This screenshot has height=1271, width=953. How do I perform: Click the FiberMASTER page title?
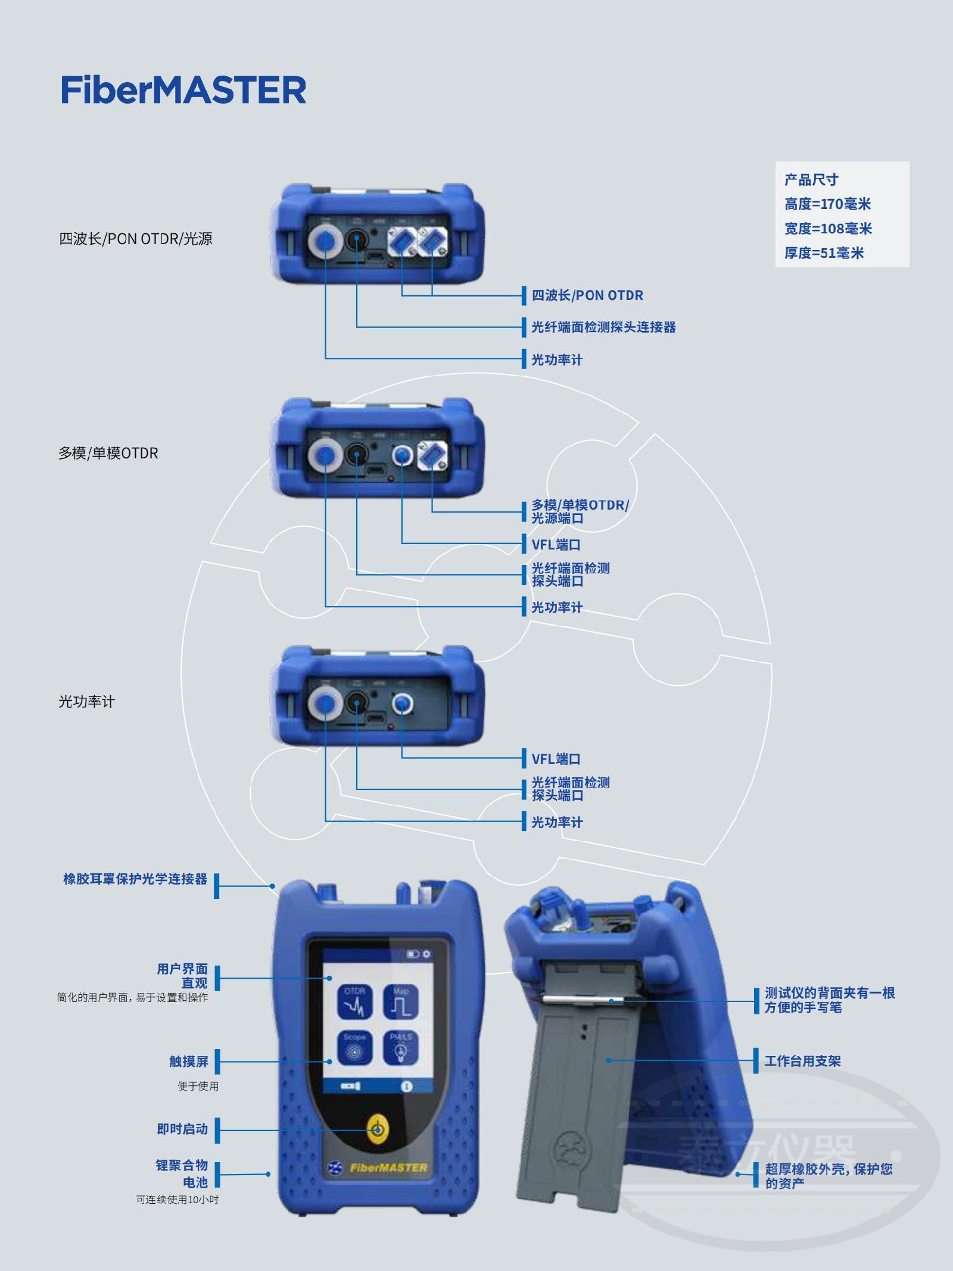point(183,90)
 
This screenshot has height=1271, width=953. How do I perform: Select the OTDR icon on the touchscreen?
point(354,1003)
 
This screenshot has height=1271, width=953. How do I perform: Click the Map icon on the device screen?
point(401,1003)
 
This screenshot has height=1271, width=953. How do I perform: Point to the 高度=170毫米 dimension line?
point(827,204)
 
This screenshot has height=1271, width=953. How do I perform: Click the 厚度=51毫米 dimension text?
point(824,253)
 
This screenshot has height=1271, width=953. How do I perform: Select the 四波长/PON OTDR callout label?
point(587,295)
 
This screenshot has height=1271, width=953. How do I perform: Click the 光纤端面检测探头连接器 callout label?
point(603,327)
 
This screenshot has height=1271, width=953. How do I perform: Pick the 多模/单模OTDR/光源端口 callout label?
point(580,511)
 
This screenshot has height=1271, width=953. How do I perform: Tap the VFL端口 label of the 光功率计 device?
point(556,759)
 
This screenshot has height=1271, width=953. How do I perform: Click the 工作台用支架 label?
point(802,1061)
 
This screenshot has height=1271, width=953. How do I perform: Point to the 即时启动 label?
point(182,1129)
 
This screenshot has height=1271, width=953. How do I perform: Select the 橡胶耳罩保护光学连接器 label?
point(135,879)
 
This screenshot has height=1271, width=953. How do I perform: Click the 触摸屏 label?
point(189,1061)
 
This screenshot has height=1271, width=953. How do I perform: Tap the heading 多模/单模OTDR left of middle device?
point(108,453)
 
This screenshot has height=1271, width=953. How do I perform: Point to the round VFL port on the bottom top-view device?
point(403,705)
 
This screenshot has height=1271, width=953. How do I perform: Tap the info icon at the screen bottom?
point(407,1086)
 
